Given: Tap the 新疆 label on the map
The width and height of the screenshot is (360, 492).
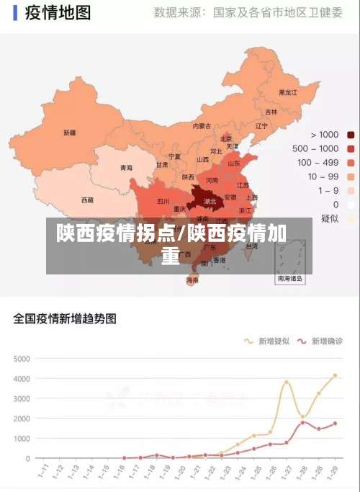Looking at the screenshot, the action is coord(69,133).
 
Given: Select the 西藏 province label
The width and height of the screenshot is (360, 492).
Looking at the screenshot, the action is coord(87,200).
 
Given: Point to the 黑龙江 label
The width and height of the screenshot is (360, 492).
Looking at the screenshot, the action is coord(288,92).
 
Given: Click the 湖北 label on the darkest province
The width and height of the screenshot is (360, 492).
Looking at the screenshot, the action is coord(210,202).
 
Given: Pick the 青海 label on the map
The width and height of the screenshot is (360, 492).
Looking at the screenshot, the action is coord(126,167).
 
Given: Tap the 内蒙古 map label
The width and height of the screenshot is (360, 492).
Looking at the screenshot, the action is coord(202,125).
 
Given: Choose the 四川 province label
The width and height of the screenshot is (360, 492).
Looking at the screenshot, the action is coord(163,201).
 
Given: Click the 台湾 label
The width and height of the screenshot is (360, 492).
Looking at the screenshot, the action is coord(251,246).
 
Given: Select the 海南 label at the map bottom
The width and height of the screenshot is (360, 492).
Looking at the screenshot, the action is coord(192,279).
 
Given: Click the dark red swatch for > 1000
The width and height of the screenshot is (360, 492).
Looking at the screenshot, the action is coord(351,135).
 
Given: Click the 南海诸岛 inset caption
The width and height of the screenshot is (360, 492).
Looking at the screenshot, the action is coord(290,277).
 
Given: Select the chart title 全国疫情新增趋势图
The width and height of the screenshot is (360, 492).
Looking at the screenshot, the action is coord(65,318).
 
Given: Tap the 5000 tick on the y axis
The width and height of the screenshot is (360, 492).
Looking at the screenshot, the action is coord(22,358).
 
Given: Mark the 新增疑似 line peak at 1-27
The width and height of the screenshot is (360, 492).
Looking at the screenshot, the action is coord(287,382).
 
